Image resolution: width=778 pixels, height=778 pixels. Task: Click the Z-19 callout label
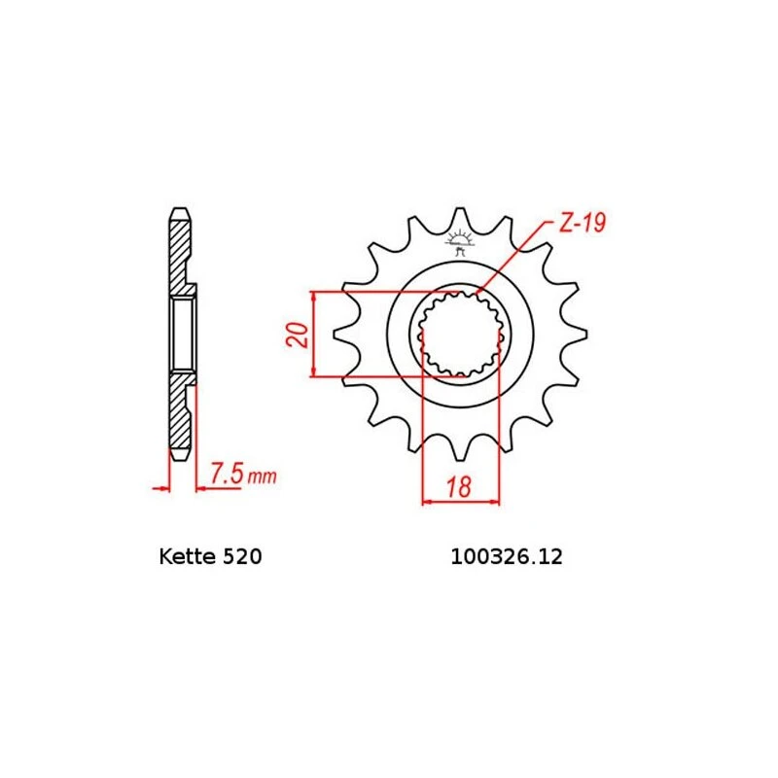click(x=582, y=225)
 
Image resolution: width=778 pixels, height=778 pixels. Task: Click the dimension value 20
click(x=301, y=334)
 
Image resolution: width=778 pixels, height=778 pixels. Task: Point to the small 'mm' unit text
click(x=262, y=477)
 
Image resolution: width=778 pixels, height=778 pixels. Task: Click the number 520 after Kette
click(x=238, y=559)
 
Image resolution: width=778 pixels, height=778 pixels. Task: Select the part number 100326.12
click(x=506, y=559)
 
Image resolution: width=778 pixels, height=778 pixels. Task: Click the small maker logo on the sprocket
click(x=460, y=242)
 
